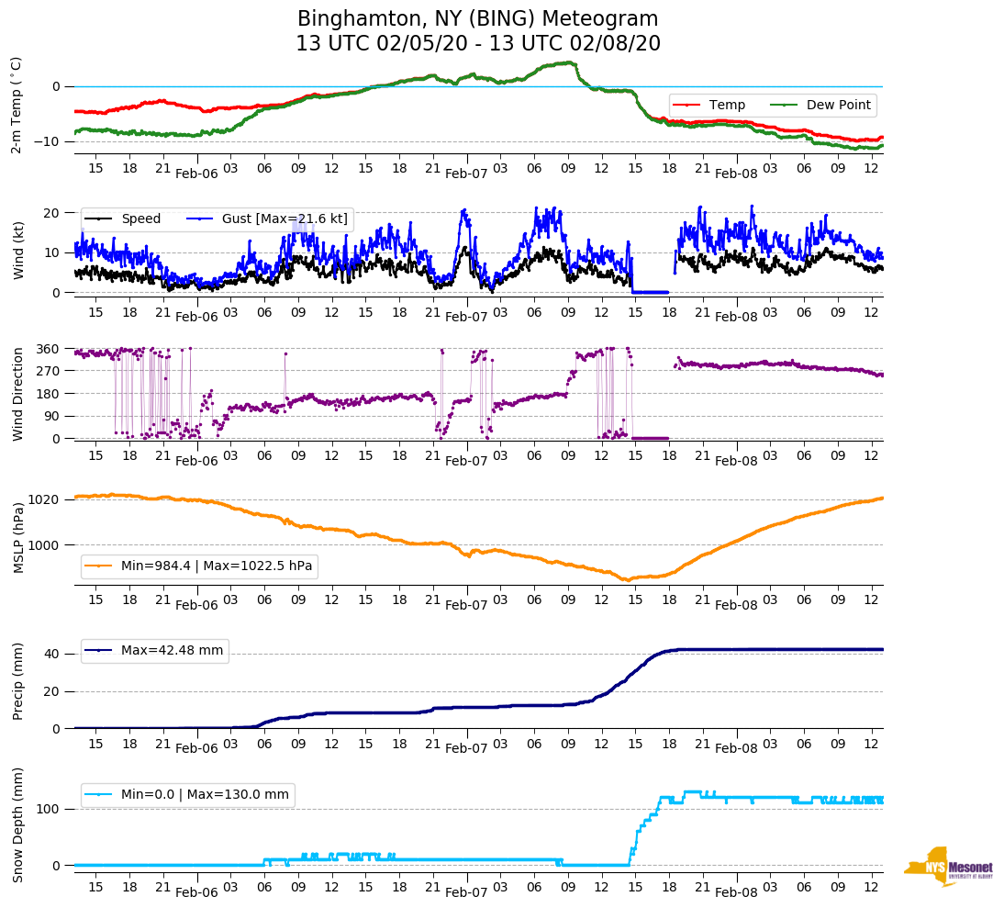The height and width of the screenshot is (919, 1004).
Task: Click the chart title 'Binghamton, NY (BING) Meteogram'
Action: pos(478,19)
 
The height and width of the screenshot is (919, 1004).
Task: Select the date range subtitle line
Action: pos(478,44)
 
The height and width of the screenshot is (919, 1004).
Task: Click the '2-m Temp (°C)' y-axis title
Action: pos(17,104)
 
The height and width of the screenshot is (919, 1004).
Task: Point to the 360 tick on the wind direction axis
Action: pos(48,349)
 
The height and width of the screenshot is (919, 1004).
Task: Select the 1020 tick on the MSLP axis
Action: pos(45,499)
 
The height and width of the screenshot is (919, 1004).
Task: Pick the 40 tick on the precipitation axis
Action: pos(53,655)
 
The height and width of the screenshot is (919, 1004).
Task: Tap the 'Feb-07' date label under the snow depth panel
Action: pos(466,891)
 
